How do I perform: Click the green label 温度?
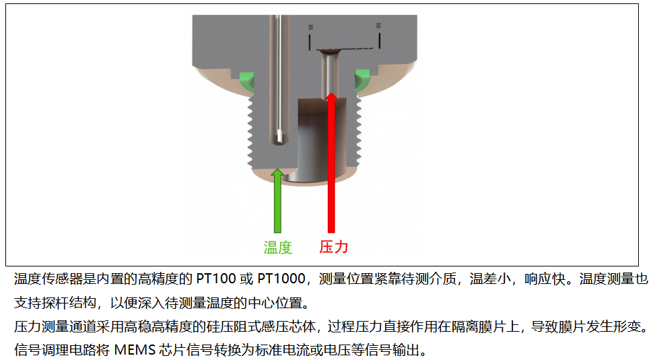[x=278, y=248]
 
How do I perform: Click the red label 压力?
[x=334, y=247]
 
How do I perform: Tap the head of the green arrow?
[x=277, y=173]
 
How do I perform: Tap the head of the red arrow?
[x=331, y=96]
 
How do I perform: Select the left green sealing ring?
[x=247, y=81]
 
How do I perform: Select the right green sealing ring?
[x=362, y=80]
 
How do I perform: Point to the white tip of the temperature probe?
[x=279, y=135]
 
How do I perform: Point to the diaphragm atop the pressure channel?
[x=329, y=51]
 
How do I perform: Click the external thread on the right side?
[x=358, y=133]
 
